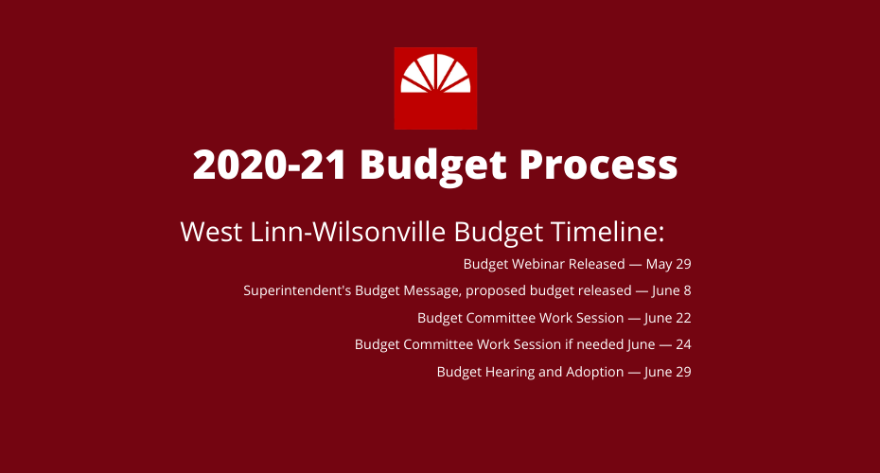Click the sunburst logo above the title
click(435, 88)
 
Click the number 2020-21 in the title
click(270, 165)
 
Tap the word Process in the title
click(598, 165)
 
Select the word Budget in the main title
click(433, 166)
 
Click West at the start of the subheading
click(211, 231)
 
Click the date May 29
click(668, 264)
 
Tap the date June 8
click(671, 290)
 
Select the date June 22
click(667, 318)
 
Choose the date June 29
click(667, 372)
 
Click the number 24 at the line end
click(683, 344)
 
